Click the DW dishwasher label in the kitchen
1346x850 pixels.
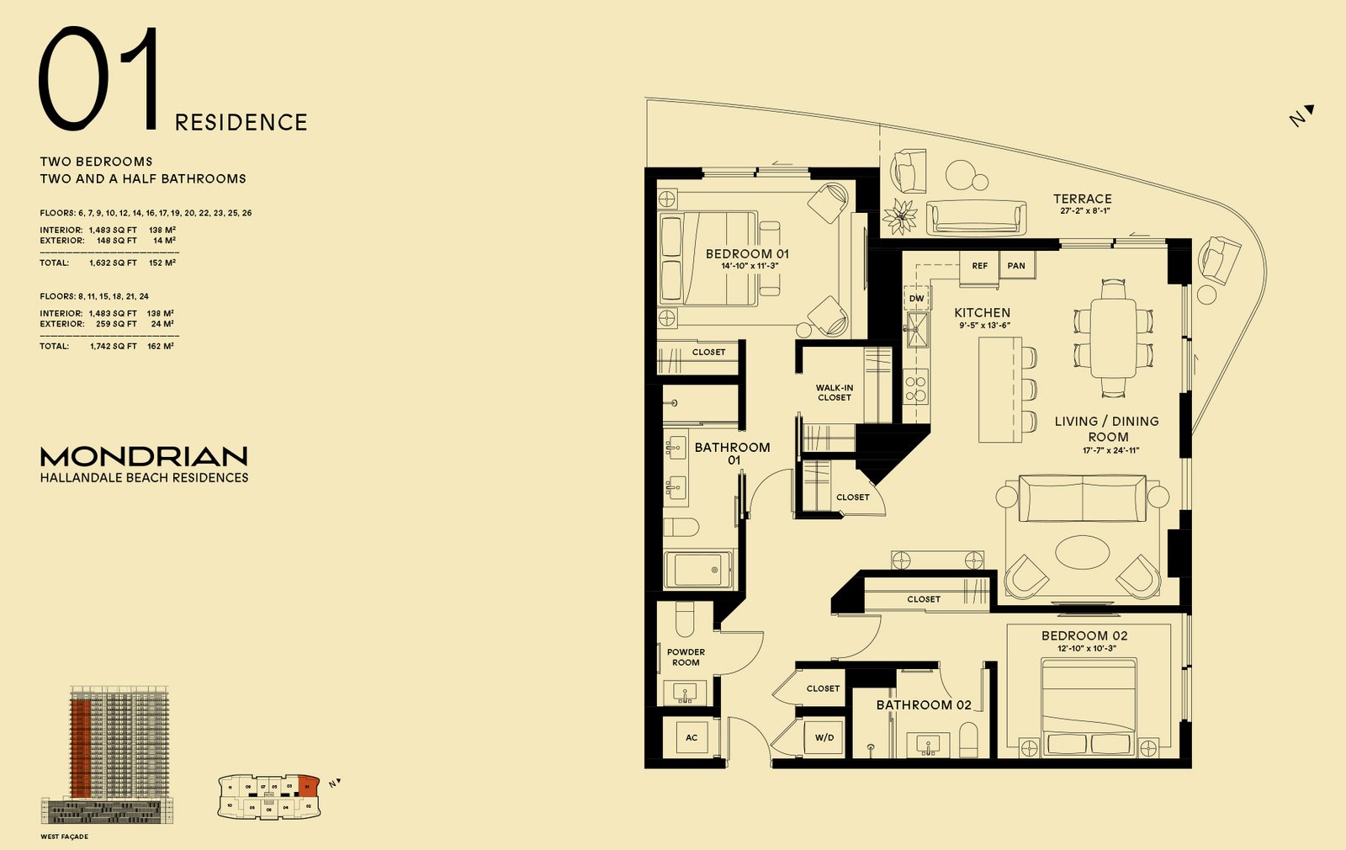(916, 299)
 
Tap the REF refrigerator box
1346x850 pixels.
(979, 266)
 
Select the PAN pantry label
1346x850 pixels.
(1016, 266)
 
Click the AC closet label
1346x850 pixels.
(692, 738)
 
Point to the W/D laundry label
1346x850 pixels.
(824, 738)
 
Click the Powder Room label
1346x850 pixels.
(686, 657)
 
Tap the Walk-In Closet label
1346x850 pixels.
(834, 393)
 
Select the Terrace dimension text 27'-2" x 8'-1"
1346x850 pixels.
(1085, 211)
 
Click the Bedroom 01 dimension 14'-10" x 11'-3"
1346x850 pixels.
(750, 266)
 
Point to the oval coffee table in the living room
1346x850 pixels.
(1083, 552)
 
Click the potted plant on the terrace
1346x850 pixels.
(901, 216)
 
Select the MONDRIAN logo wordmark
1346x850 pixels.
(144, 456)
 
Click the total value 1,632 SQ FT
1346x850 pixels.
(113, 263)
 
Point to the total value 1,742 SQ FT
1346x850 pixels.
(113, 346)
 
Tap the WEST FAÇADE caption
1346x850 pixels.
(64, 837)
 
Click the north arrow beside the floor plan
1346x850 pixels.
(1301, 115)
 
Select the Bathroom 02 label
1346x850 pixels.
(924, 705)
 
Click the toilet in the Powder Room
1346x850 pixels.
(685, 619)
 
